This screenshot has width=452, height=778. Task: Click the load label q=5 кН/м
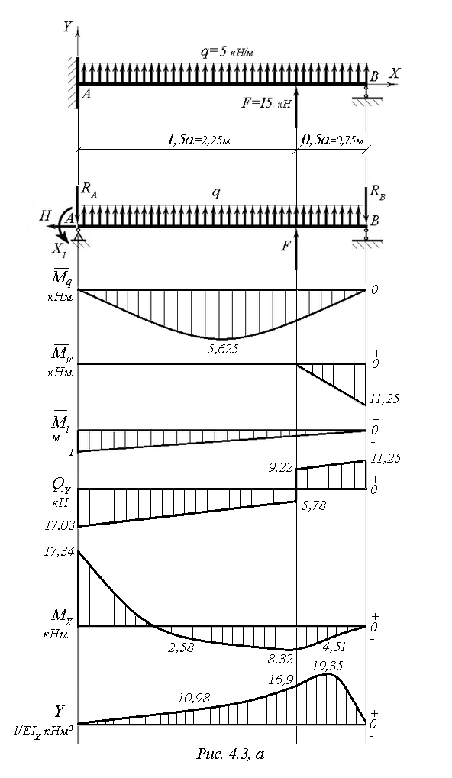click(228, 52)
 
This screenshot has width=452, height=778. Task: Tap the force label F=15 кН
click(266, 104)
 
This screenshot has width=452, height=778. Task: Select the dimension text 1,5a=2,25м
click(199, 140)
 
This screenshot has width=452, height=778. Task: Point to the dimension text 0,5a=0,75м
click(333, 140)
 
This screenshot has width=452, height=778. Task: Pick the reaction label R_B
click(378, 192)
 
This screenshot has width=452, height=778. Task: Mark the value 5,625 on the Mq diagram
click(223, 349)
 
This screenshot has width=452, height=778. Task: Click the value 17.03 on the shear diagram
click(60, 525)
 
